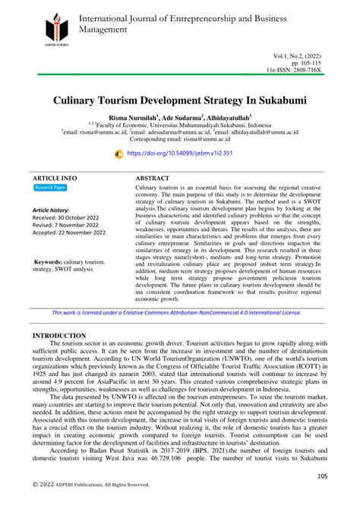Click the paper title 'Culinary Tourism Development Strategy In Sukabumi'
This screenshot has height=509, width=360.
[180, 100]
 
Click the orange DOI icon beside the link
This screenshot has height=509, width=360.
[118, 153]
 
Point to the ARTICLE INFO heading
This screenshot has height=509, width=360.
[55, 176]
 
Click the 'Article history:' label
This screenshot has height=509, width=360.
[51, 210]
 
